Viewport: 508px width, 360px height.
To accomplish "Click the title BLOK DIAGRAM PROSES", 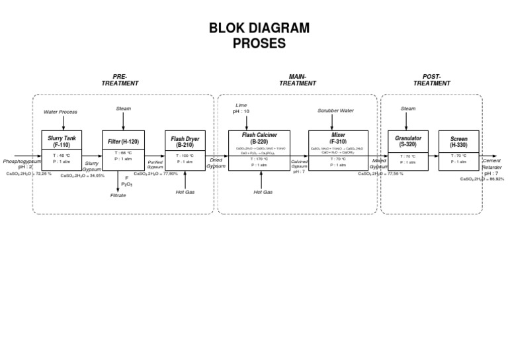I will pos(259,36).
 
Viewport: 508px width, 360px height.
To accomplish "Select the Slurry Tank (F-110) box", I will pos(62,150).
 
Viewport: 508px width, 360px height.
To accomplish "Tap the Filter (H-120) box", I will pos(123,150).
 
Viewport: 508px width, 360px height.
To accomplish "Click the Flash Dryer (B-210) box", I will pos(185,150).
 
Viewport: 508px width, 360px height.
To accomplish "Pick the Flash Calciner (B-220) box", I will pos(259,150).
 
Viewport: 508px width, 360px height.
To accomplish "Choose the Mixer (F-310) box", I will pos(338,150).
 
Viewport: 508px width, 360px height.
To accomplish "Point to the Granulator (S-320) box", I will pos(408,150).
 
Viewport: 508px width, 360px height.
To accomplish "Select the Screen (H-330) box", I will pos(458,150).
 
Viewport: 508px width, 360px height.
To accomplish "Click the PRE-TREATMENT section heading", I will pos(120,80).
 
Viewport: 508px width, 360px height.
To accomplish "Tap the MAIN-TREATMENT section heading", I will pos(298,80).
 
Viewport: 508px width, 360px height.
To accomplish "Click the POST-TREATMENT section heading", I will pos(432,80).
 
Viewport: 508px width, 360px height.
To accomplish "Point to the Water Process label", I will pos(60,112).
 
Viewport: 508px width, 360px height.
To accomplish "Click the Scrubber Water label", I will pos(336,111).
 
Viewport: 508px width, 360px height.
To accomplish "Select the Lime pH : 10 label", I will pos(241,109).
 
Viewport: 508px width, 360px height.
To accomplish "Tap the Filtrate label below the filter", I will pos(118,195).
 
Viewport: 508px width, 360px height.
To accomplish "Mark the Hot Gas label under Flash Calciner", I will pos(263,192).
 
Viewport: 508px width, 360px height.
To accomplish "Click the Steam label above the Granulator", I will pos(408,109).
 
